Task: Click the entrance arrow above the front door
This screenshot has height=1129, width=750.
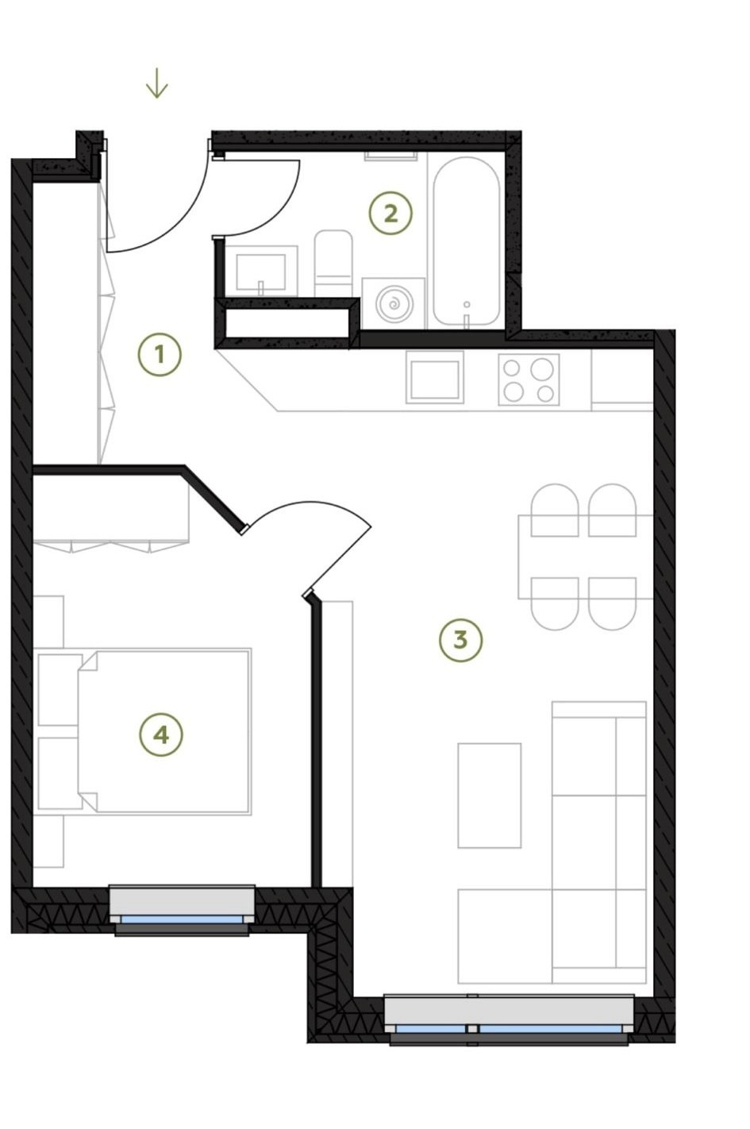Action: click(156, 83)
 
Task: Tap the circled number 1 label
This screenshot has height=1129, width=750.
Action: click(160, 355)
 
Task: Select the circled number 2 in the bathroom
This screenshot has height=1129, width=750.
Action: click(390, 214)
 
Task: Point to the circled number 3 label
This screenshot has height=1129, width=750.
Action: click(460, 640)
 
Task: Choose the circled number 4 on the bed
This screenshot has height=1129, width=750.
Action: click(160, 735)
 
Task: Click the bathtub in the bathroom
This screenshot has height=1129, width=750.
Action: click(467, 241)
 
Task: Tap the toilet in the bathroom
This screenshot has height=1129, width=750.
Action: click(333, 263)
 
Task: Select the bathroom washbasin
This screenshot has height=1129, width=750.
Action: click(261, 272)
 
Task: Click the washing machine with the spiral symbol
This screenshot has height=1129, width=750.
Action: click(394, 304)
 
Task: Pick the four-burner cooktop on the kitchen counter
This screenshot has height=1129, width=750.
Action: click(529, 380)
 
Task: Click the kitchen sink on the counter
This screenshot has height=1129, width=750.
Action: click(435, 377)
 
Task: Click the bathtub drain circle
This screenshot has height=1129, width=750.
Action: click(467, 304)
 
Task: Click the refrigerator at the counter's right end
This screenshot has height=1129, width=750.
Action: click(622, 380)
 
